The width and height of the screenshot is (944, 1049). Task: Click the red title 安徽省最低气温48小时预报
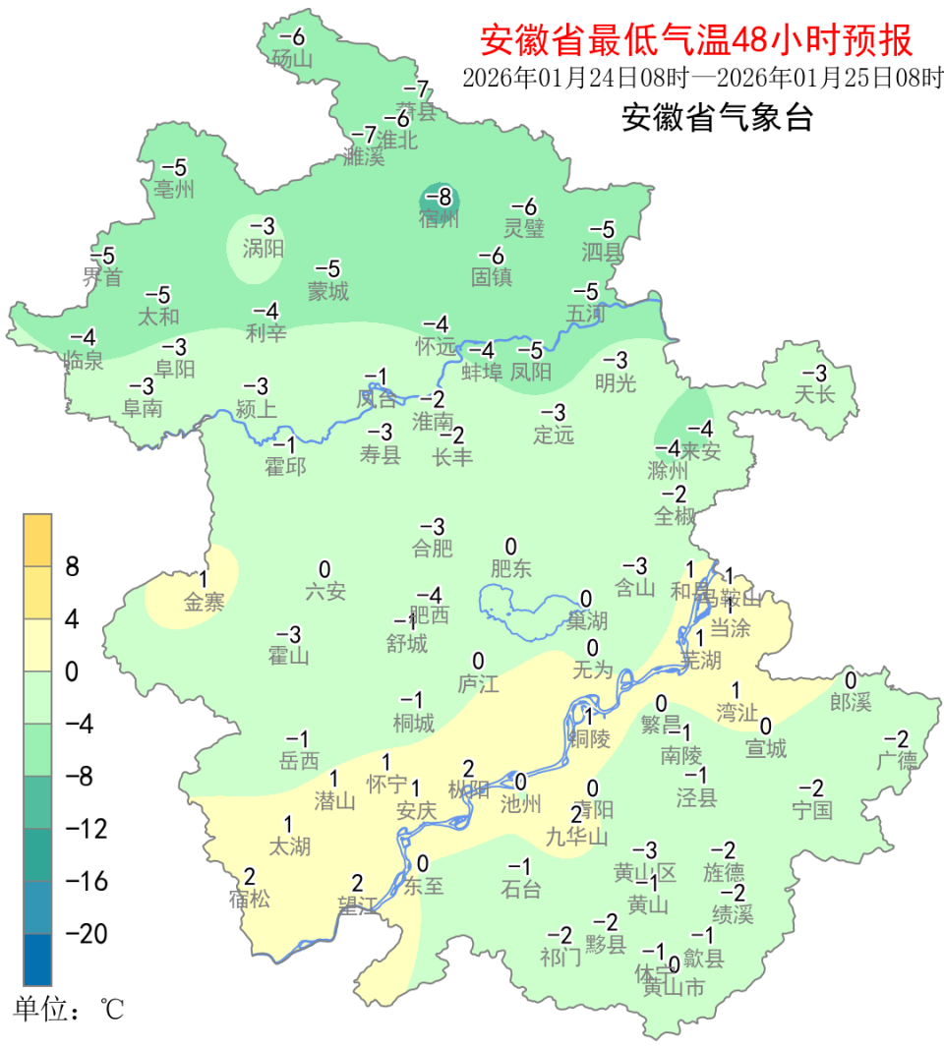[696, 40]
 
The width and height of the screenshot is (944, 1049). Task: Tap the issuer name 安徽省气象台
[717, 119]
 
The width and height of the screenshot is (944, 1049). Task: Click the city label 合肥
[433, 549]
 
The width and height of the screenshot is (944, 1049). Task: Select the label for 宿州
[439, 219]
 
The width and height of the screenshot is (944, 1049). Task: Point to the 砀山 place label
[292, 59]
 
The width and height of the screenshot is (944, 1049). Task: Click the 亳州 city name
[175, 190]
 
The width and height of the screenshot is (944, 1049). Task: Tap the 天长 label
[814, 395]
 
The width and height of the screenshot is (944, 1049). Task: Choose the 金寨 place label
[204, 603]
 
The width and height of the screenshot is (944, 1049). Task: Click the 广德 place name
[897, 761]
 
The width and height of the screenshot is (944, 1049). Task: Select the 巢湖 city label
[587, 620]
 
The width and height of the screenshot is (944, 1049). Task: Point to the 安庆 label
[416, 811]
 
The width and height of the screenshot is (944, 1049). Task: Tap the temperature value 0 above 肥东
[510, 547]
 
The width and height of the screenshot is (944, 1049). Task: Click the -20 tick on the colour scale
[87, 933]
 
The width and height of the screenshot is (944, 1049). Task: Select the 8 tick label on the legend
[72, 567]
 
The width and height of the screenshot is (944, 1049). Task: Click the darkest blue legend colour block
[37, 959]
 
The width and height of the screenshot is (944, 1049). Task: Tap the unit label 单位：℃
[69, 1009]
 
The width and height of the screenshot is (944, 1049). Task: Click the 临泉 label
[83, 361]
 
